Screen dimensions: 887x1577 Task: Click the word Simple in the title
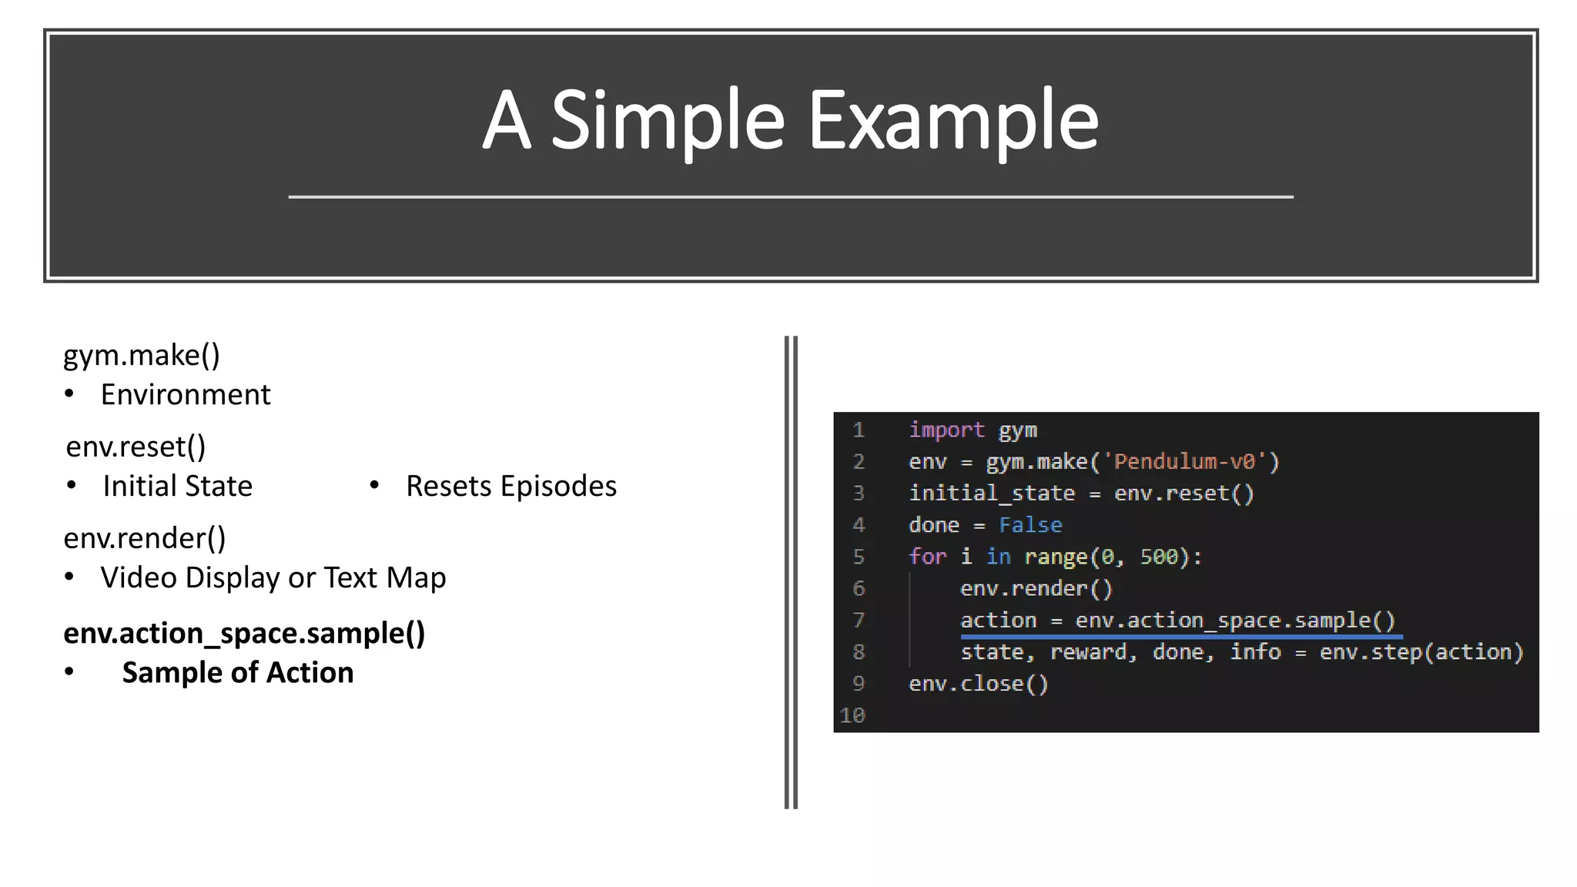point(668,121)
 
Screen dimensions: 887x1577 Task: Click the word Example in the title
point(953,121)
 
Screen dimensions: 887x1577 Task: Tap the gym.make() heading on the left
point(142,355)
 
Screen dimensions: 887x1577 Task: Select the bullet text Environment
point(186,394)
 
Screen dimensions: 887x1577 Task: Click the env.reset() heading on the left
point(136,447)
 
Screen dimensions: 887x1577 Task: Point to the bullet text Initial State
point(177,486)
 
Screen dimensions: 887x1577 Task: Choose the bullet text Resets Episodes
point(511,486)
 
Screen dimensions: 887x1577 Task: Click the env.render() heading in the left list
point(145,537)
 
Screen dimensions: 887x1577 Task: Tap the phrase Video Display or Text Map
point(273,577)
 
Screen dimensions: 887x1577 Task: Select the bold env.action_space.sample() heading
point(244,633)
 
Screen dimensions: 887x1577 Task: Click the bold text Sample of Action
point(238,672)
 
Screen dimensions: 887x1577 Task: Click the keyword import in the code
point(946,430)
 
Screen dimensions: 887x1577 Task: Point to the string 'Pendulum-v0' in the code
point(1184,461)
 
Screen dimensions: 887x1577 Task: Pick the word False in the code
point(1030,525)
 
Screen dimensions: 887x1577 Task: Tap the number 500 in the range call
point(1159,557)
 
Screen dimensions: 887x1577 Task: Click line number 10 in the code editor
point(852,715)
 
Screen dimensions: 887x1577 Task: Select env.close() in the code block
point(979,684)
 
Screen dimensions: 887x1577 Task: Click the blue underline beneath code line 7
point(1181,637)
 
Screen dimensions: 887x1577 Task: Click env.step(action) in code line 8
point(1421,652)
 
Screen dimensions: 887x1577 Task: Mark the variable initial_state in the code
point(992,494)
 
